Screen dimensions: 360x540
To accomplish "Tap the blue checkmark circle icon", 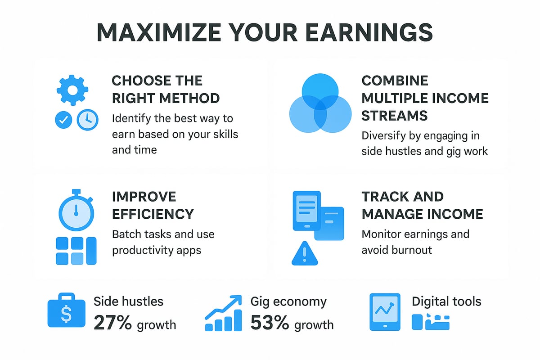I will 63,120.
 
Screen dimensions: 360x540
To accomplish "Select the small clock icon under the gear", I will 87,120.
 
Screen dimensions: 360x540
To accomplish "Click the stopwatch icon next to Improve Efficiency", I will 76,211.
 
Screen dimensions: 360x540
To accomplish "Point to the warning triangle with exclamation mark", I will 305,254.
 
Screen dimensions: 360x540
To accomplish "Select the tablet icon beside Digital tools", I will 384,312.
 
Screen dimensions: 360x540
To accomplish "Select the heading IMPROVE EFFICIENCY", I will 153,205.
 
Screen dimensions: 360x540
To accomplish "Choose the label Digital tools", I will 446,301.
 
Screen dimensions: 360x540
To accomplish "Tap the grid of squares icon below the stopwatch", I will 76,251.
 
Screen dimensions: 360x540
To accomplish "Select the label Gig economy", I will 288,301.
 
